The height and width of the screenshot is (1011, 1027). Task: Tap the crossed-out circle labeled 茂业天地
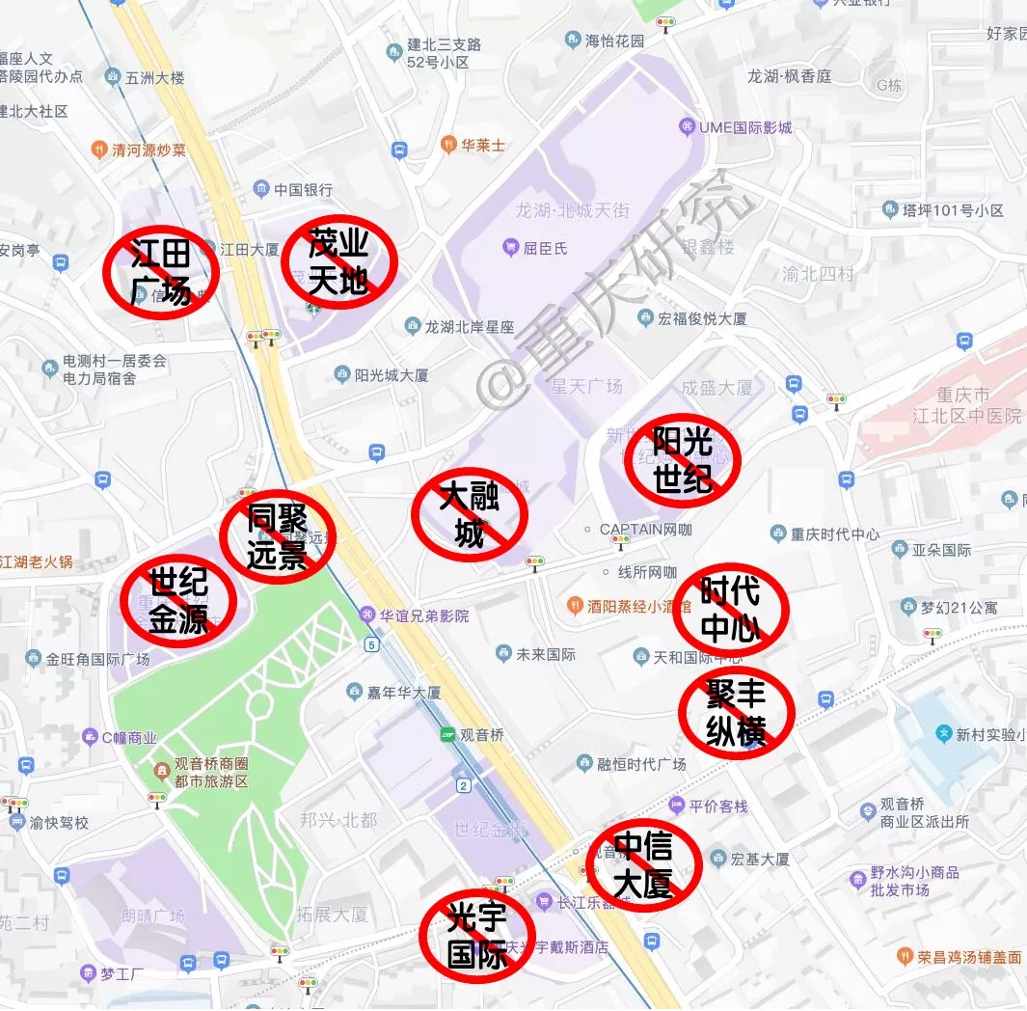338,262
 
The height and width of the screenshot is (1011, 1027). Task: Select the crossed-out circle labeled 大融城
469,514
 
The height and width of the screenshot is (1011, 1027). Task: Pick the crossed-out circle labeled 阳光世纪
682,460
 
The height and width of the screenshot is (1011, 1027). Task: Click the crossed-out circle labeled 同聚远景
277,536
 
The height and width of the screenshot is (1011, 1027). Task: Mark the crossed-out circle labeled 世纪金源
178,601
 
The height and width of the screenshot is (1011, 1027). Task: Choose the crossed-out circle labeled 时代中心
730,610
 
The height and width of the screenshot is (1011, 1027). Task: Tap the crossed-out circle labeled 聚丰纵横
736,712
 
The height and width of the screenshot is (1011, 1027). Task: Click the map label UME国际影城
744,127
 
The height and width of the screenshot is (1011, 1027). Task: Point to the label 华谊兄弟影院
423,615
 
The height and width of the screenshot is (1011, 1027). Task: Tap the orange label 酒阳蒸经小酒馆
638,607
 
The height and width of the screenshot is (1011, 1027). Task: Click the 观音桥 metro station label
481,735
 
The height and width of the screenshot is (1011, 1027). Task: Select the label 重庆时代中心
835,534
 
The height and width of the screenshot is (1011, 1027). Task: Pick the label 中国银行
302,190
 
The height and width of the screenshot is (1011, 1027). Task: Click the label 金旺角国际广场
96,660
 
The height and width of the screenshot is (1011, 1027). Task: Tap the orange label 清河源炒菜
149,150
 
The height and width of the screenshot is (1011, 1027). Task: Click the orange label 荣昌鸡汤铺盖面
968,957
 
